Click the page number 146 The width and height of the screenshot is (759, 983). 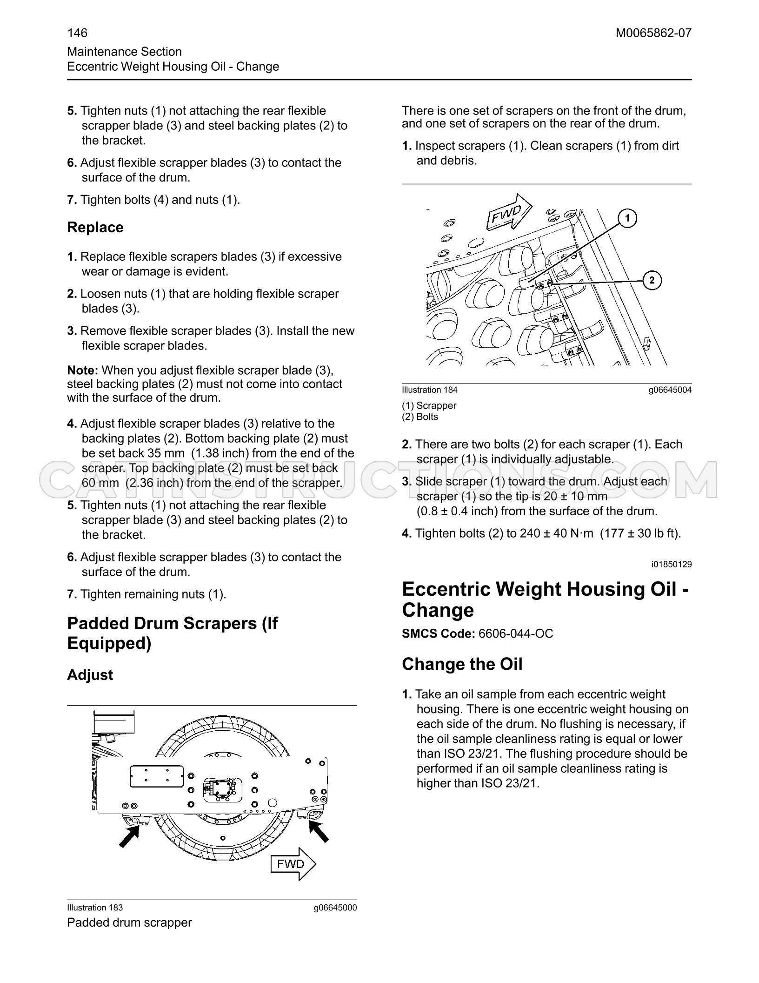[x=77, y=33]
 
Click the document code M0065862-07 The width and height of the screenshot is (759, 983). [x=653, y=33]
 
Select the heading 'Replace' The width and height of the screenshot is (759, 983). [x=95, y=228]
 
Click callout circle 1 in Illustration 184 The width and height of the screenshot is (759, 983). [x=627, y=218]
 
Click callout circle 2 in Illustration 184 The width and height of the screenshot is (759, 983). [x=652, y=280]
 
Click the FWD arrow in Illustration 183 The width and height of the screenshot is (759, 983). [x=293, y=864]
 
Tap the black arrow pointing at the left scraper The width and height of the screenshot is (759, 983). [x=129, y=835]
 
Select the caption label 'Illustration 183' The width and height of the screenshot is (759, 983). [x=95, y=908]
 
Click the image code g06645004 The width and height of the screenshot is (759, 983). [x=670, y=390]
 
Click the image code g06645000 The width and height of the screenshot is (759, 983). [x=335, y=908]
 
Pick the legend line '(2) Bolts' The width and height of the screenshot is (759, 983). [x=420, y=417]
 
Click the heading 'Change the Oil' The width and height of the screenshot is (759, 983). [x=462, y=664]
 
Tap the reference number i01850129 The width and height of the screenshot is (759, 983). [x=672, y=565]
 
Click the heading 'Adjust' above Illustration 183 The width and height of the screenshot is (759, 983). [x=90, y=675]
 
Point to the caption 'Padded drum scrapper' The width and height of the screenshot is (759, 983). [x=129, y=922]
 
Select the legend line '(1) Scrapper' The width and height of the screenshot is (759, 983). [x=429, y=405]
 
